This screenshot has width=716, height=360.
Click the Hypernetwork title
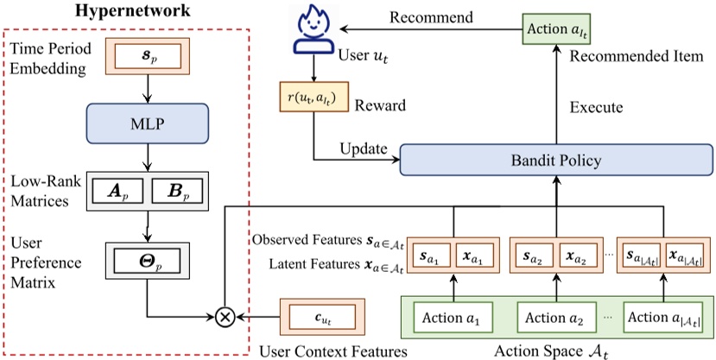(120, 15)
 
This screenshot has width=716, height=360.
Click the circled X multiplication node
(225, 317)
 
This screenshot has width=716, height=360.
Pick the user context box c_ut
(316, 317)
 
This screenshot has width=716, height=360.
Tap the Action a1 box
(447, 318)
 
